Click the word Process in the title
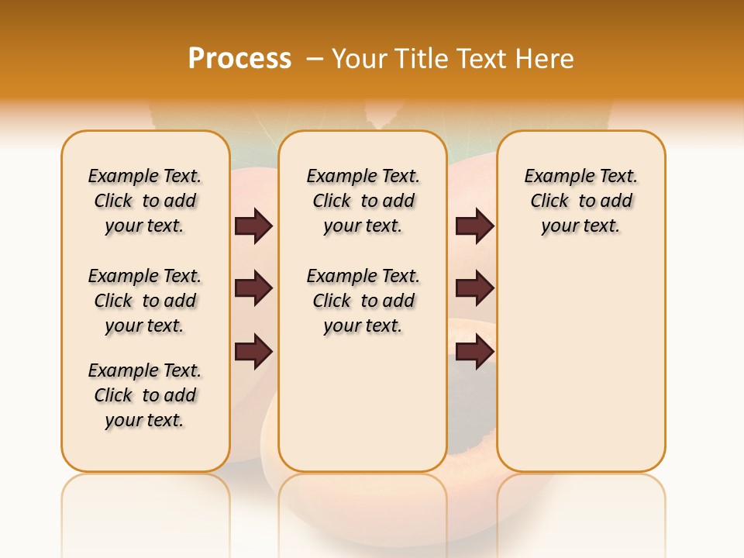pyautogui.click(x=239, y=58)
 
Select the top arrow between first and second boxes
pyautogui.click(x=253, y=226)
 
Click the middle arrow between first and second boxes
pyautogui.click(x=253, y=288)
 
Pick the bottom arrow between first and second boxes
pyautogui.click(x=253, y=352)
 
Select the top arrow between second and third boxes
pyautogui.click(x=474, y=226)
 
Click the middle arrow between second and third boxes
pyautogui.click(x=474, y=288)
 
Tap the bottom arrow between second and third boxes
pyautogui.click(x=474, y=352)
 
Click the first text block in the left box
pyautogui.click(x=145, y=201)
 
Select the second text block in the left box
pyautogui.click(x=145, y=301)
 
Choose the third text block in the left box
pyautogui.click(x=145, y=395)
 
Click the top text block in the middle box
pyautogui.click(x=363, y=201)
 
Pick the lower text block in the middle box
pyautogui.click(x=363, y=301)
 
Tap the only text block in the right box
pyautogui.click(x=581, y=201)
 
